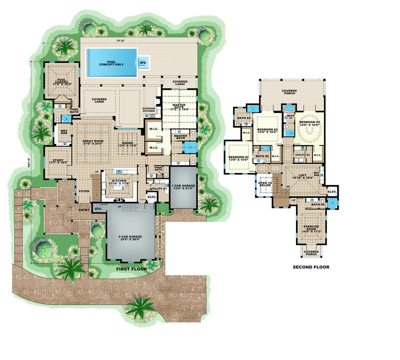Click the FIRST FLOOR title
click(x=131, y=269)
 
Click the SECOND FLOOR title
click(x=311, y=267)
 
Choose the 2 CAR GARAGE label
click(x=130, y=239)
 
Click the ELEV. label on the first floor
click(x=152, y=197)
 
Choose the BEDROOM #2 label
click(x=238, y=158)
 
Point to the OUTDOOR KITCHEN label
click(x=148, y=110)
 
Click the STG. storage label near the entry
click(x=98, y=210)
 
